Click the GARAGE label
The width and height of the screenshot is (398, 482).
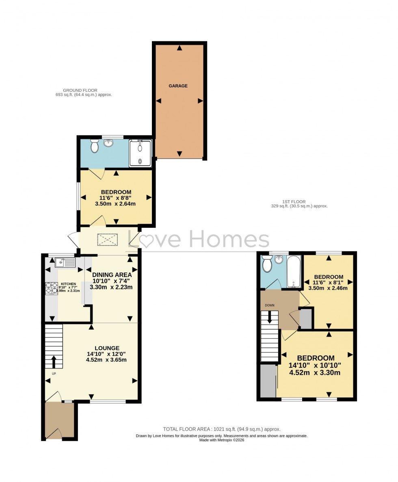[178, 86]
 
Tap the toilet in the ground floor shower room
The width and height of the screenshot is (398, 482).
[95, 146]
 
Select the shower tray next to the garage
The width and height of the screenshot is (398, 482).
[140, 153]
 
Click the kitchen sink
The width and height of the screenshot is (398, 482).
[65, 263]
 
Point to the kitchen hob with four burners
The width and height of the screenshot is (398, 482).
[52, 288]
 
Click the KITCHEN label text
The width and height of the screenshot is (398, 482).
[68, 284]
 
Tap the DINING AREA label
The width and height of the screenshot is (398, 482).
[112, 275]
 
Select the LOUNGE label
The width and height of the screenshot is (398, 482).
[107, 348]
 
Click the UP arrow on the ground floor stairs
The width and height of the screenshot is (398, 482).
[54, 361]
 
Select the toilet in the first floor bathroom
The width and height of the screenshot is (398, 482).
[267, 265]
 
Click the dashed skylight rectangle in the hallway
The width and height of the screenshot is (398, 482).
[107, 240]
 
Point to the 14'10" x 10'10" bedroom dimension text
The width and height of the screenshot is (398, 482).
[315, 365]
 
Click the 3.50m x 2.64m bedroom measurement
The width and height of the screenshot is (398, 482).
[115, 204]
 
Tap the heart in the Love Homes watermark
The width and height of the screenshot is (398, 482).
[146, 240]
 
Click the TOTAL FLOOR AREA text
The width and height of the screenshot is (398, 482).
[221, 429]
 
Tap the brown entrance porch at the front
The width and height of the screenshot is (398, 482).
[60, 420]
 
